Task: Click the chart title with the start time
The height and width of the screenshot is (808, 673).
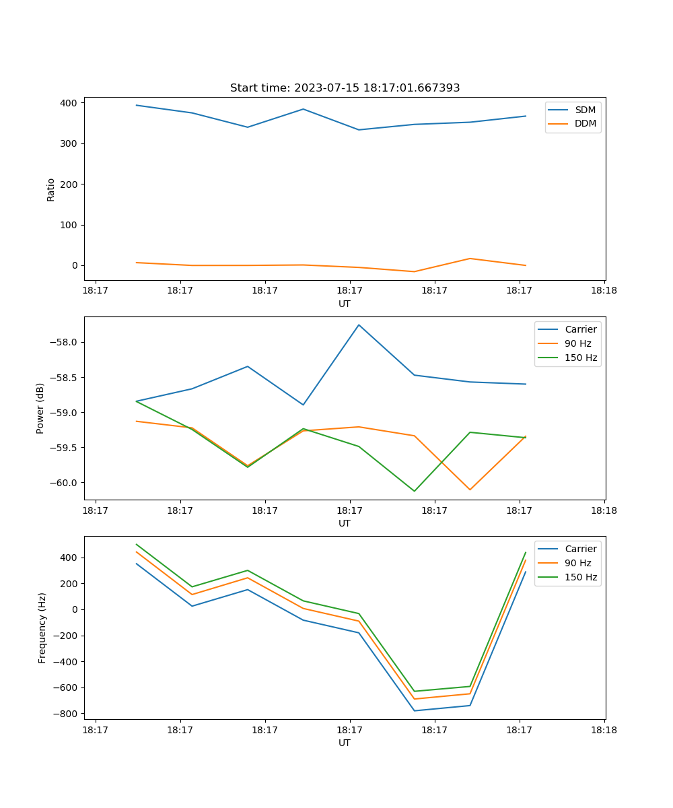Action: (345, 88)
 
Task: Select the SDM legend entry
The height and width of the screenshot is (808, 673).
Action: (585, 110)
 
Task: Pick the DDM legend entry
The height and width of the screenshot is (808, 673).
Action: (585, 124)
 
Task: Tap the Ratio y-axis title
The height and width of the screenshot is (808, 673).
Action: (51, 189)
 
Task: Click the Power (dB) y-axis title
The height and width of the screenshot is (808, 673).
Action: (40, 408)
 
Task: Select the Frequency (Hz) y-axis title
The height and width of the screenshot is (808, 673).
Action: (42, 628)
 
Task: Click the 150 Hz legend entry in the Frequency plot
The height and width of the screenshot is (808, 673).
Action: (581, 577)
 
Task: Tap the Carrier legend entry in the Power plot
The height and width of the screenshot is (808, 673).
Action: (581, 329)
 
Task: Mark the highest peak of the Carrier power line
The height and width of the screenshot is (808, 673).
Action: (359, 325)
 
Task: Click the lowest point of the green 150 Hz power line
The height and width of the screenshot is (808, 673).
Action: (414, 491)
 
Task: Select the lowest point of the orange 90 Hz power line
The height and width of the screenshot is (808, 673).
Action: (470, 490)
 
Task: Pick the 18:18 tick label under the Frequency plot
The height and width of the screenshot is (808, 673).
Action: (604, 729)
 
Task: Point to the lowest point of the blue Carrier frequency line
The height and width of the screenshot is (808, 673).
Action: (414, 711)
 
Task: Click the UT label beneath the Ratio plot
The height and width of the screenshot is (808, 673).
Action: (345, 304)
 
